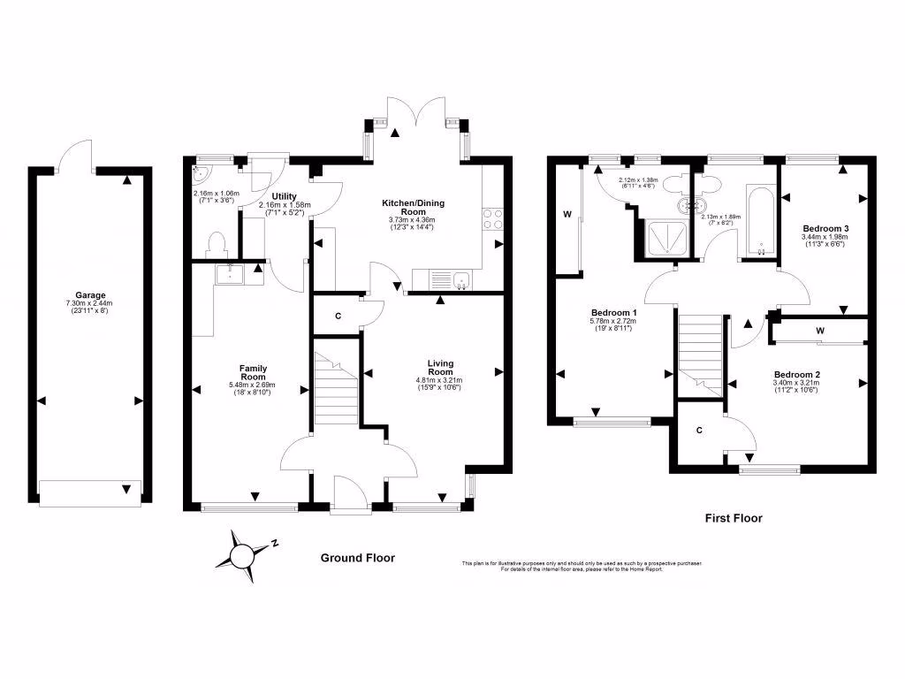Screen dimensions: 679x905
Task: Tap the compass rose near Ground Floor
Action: [240, 554]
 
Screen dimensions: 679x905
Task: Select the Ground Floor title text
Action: [357, 558]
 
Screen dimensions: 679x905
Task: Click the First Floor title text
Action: [733, 518]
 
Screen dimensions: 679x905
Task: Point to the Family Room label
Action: [253, 372]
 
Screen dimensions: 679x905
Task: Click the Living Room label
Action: [440, 368]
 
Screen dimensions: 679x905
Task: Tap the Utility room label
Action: [284, 196]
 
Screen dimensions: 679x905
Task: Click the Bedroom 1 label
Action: [614, 313]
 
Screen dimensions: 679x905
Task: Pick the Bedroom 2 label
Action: [796, 375]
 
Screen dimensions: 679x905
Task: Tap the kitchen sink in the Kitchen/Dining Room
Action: [460, 281]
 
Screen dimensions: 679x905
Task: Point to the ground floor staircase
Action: [334, 389]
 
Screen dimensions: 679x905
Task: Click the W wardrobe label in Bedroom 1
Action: [565, 213]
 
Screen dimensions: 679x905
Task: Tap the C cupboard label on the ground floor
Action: [338, 317]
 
